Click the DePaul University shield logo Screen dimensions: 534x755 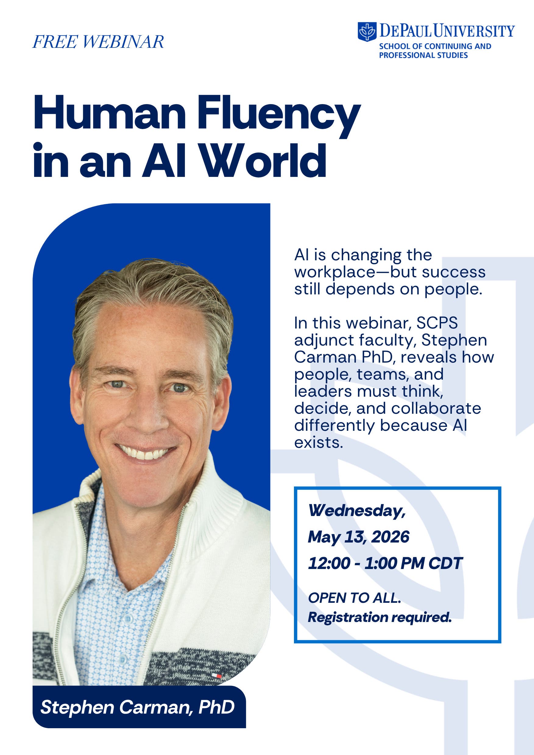coord(367,32)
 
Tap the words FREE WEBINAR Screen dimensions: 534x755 coord(98,42)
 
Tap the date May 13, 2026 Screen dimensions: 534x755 coord(358,537)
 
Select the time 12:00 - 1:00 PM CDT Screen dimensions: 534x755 coord(385,563)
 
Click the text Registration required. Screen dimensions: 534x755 coord(380,617)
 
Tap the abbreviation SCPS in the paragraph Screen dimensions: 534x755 coord(437,323)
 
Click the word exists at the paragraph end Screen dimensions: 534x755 coord(319,442)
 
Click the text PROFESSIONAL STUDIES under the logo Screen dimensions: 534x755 coord(423,55)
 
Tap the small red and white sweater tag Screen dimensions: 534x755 coord(216,676)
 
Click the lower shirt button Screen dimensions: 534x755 coord(123,659)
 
